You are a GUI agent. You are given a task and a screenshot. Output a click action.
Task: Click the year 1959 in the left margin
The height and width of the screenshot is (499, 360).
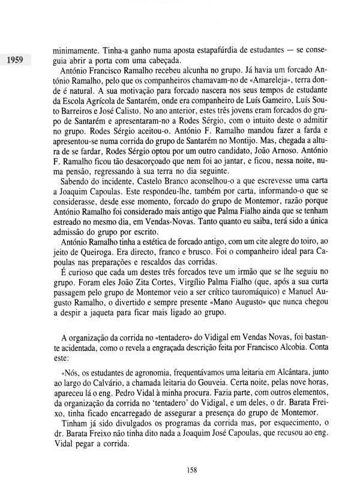tap(19, 60)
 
